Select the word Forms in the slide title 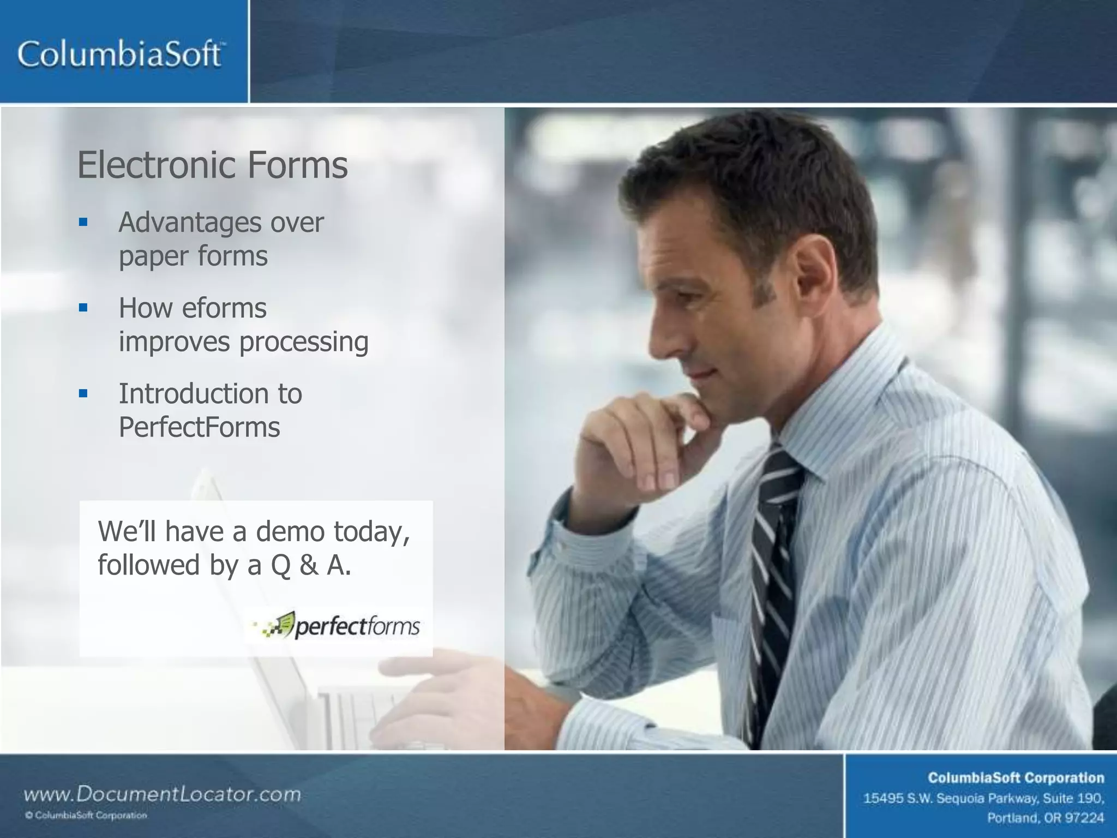pyautogui.click(x=297, y=165)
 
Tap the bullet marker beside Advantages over pyautogui.click(x=83, y=222)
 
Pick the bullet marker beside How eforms pyautogui.click(x=83, y=308)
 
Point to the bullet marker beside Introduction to pyautogui.click(x=83, y=393)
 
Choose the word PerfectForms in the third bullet pyautogui.click(x=199, y=427)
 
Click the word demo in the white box pyautogui.click(x=290, y=531)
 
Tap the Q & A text pyautogui.click(x=311, y=565)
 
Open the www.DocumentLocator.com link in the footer pyautogui.click(x=162, y=794)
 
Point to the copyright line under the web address pyautogui.click(x=86, y=816)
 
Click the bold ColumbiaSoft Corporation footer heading pyautogui.click(x=1016, y=777)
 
